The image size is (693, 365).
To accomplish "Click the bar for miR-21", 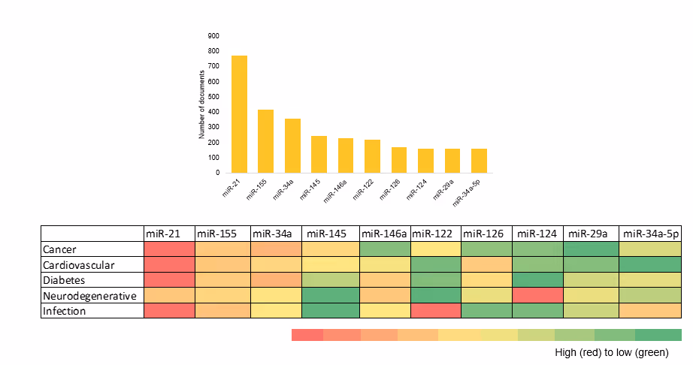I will pyautogui.click(x=239, y=114).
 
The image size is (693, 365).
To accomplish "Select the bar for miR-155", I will pyautogui.click(x=265, y=141).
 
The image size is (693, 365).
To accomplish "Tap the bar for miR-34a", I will pyautogui.click(x=292, y=146).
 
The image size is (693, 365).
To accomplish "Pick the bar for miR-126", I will pyautogui.click(x=399, y=160).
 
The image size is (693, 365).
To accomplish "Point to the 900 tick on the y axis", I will pyautogui.click(x=214, y=36).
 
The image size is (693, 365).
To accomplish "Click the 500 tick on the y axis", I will pyautogui.click(x=214, y=97).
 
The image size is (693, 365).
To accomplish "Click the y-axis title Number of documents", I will pyautogui.click(x=201, y=104).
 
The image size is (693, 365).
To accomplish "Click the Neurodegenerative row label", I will pyautogui.click(x=89, y=294).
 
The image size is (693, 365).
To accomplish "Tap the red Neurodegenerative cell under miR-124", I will pyautogui.click(x=538, y=294).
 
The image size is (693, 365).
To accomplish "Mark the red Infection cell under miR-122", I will pyautogui.click(x=436, y=309).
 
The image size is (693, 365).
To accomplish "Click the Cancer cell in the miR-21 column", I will pyautogui.click(x=169, y=249).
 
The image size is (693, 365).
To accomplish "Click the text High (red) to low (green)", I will pyautogui.click(x=610, y=352).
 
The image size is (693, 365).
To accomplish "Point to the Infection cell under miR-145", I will pyautogui.click(x=331, y=309).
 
